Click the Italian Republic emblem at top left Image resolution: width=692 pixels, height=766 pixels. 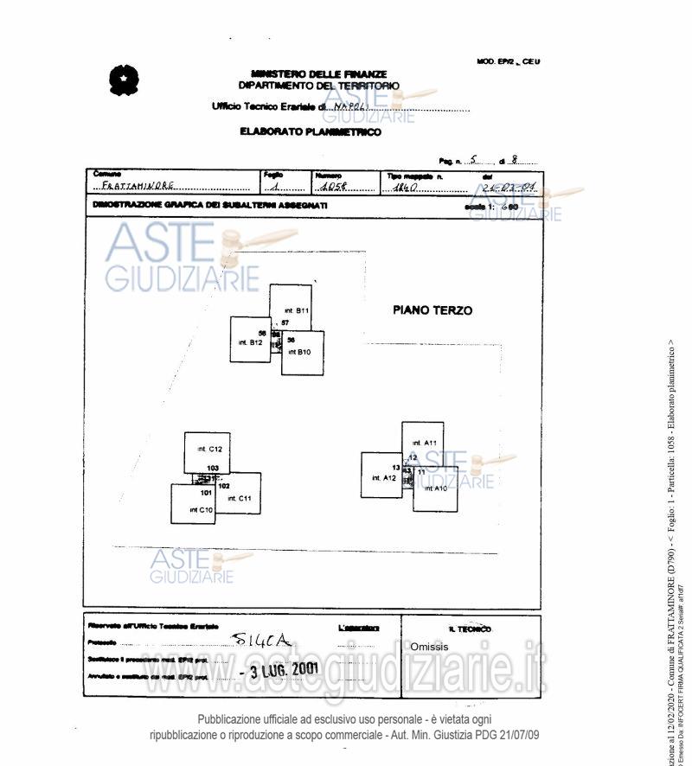pos(125,80)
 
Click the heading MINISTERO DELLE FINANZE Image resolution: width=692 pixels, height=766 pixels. pos(319,74)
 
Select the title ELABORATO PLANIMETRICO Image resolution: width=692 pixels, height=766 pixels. pos(311,132)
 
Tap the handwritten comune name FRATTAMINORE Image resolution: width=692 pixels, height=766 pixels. pos(138,186)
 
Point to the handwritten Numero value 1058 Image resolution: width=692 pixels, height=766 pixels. pos(332,187)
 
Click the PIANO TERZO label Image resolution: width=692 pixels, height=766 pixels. pos(432,310)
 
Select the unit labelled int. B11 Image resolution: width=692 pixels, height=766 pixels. pos(291,308)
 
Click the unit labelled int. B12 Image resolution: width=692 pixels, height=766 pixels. pos(250,340)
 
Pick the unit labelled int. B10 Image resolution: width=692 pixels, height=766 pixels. pos(303,353)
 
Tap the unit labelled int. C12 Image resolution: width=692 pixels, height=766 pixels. pos(208,450)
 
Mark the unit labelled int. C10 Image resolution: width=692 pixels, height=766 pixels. pos(193,506)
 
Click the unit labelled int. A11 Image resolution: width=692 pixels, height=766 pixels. pos(423,440)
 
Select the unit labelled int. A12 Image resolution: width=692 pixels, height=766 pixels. pos(381,476)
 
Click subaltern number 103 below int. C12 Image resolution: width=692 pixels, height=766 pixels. pos(213,468)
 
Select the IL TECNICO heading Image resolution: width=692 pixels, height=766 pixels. pos(470,629)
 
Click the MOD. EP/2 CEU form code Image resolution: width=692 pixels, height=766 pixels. pos(508,61)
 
